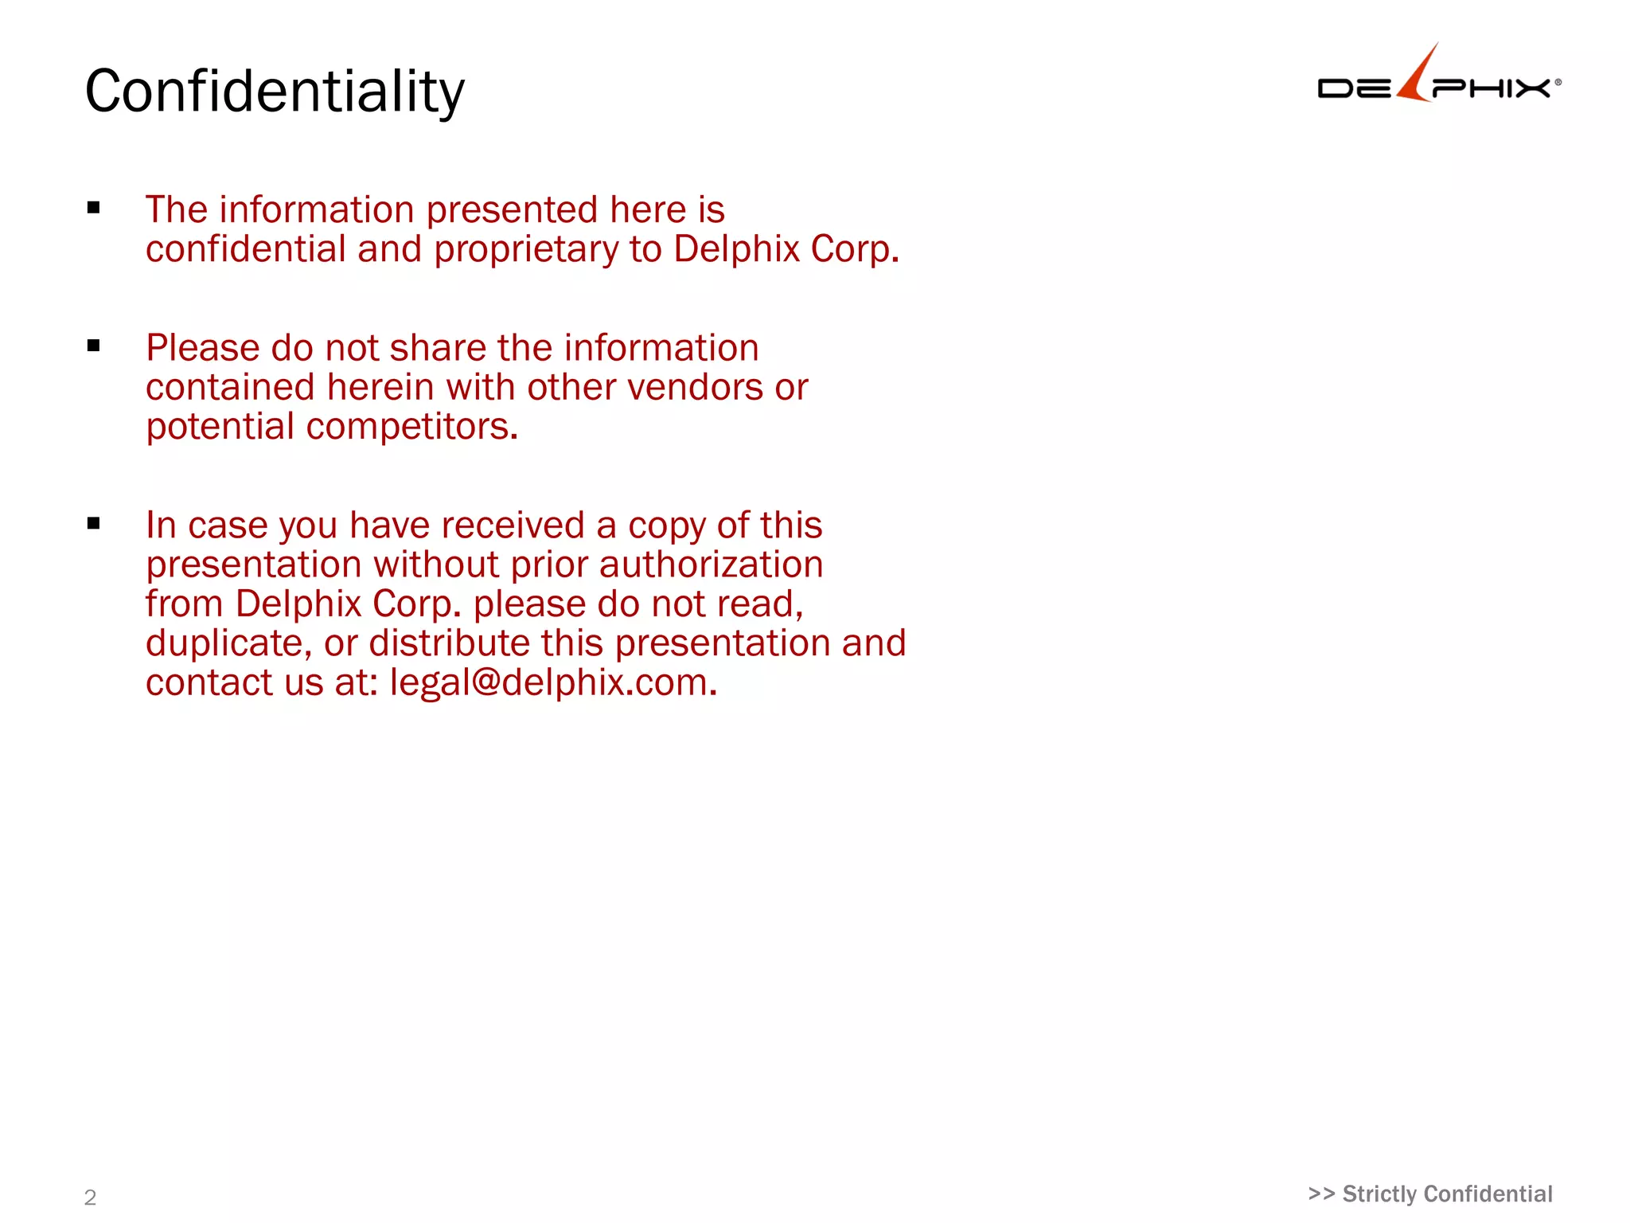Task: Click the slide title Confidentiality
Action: pyautogui.click(x=275, y=92)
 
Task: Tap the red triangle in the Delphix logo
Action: pyautogui.click(x=1419, y=76)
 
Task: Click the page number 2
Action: pyautogui.click(x=90, y=1198)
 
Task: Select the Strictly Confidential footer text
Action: pyautogui.click(x=1430, y=1194)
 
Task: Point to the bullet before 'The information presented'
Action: pyautogui.click(x=94, y=209)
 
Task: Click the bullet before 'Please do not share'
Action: pyautogui.click(x=94, y=346)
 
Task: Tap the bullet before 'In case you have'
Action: pyautogui.click(x=94, y=524)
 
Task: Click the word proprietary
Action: pyautogui.click(x=525, y=249)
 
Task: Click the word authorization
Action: pyautogui.click(x=711, y=565)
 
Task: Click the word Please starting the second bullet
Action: pyautogui.click(x=203, y=349)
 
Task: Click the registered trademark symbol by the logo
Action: pyautogui.click(x=1558, y=82)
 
